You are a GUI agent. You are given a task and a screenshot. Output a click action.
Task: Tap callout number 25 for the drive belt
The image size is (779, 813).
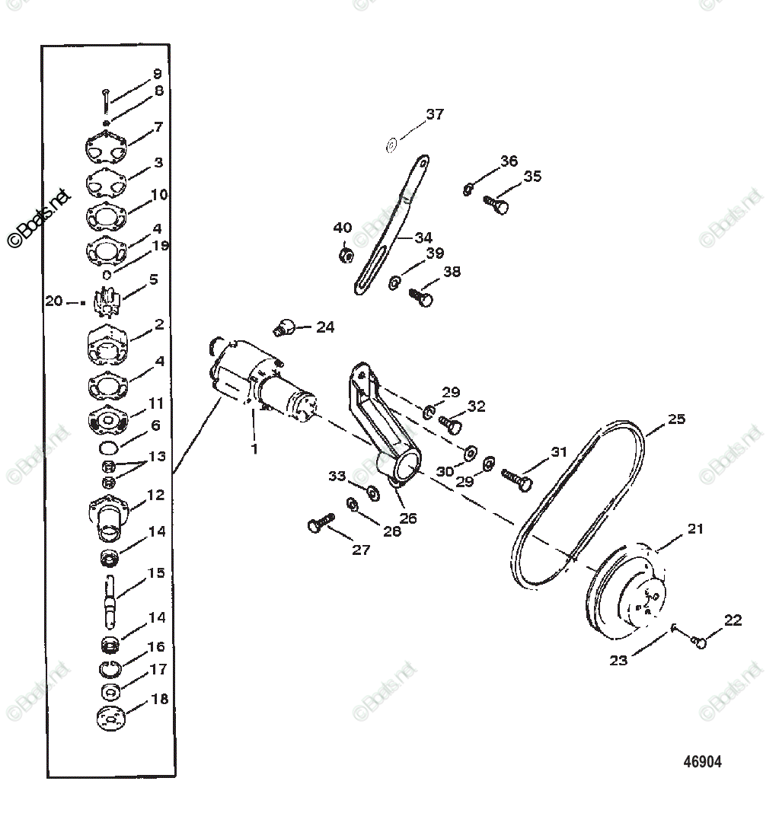coord(676,419)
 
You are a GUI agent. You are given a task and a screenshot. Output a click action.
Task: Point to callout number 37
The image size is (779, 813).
coord(435,115)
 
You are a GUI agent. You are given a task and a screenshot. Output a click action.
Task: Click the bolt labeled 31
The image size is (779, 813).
coord(518,478)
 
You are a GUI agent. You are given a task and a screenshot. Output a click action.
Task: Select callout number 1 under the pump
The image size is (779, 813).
coord(254,449)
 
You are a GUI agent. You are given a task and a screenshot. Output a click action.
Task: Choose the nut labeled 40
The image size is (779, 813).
coord(345,254)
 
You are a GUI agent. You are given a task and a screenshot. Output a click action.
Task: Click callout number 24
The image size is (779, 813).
coord(325,327)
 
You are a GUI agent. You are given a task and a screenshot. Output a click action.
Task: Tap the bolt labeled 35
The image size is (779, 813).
coord(496,204)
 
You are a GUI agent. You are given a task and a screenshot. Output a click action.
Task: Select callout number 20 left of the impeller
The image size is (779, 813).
coord(53,301)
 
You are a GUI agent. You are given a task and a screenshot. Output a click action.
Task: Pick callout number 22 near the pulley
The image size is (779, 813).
coord(733,620)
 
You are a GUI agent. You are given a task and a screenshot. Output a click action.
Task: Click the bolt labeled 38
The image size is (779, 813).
coord(422,296)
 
